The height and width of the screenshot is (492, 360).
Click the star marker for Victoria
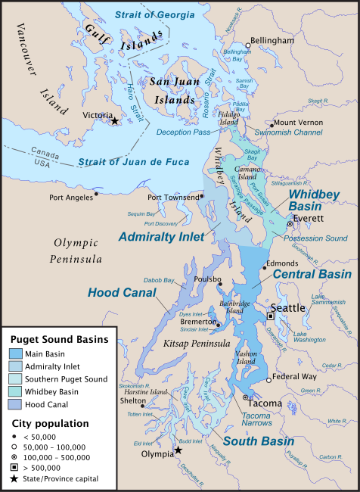point(114,121)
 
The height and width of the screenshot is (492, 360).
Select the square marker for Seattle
point(270,316)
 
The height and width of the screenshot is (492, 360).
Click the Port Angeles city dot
point(97,195)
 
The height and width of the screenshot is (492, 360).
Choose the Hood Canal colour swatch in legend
point(16,403)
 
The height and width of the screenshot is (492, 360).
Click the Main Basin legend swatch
point(16,353)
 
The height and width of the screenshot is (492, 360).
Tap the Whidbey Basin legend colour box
point(16,391)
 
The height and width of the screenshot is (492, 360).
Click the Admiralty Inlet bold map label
point(161,237)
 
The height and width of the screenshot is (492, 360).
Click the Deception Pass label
point(182,132)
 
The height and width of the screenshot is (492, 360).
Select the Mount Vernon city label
point(301,123)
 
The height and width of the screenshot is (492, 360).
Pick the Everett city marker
point(289,224)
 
